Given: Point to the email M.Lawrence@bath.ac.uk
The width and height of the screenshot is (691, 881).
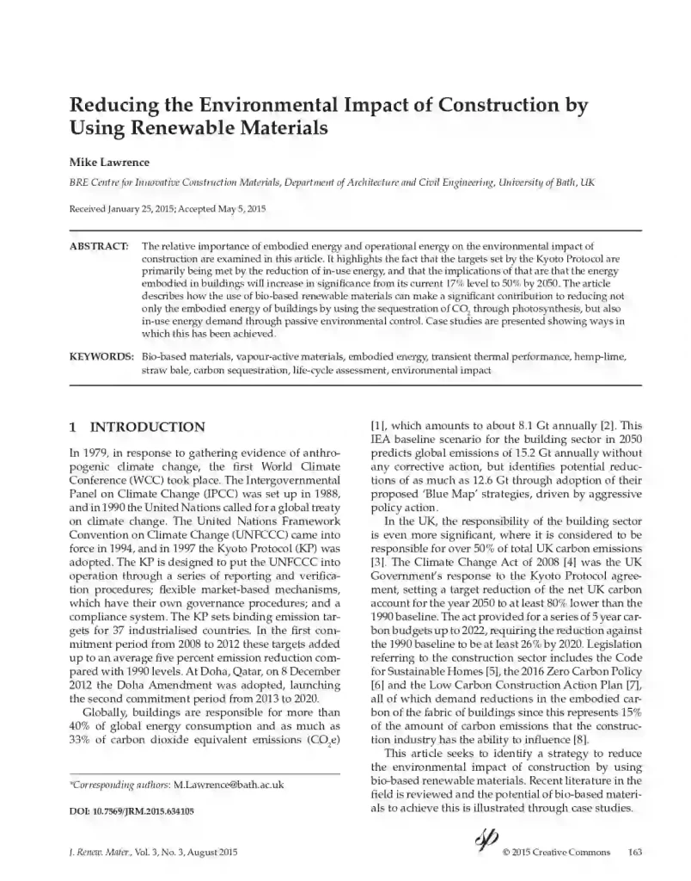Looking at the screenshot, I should point(229,785).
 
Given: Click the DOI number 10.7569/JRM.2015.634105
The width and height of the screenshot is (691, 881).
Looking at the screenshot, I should point(144,811).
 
